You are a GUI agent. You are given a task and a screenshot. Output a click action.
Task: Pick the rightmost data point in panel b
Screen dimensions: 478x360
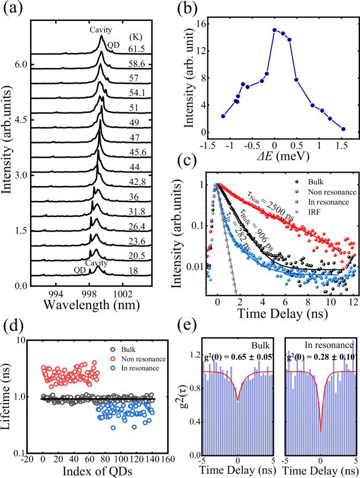click(x=343, y=129)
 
